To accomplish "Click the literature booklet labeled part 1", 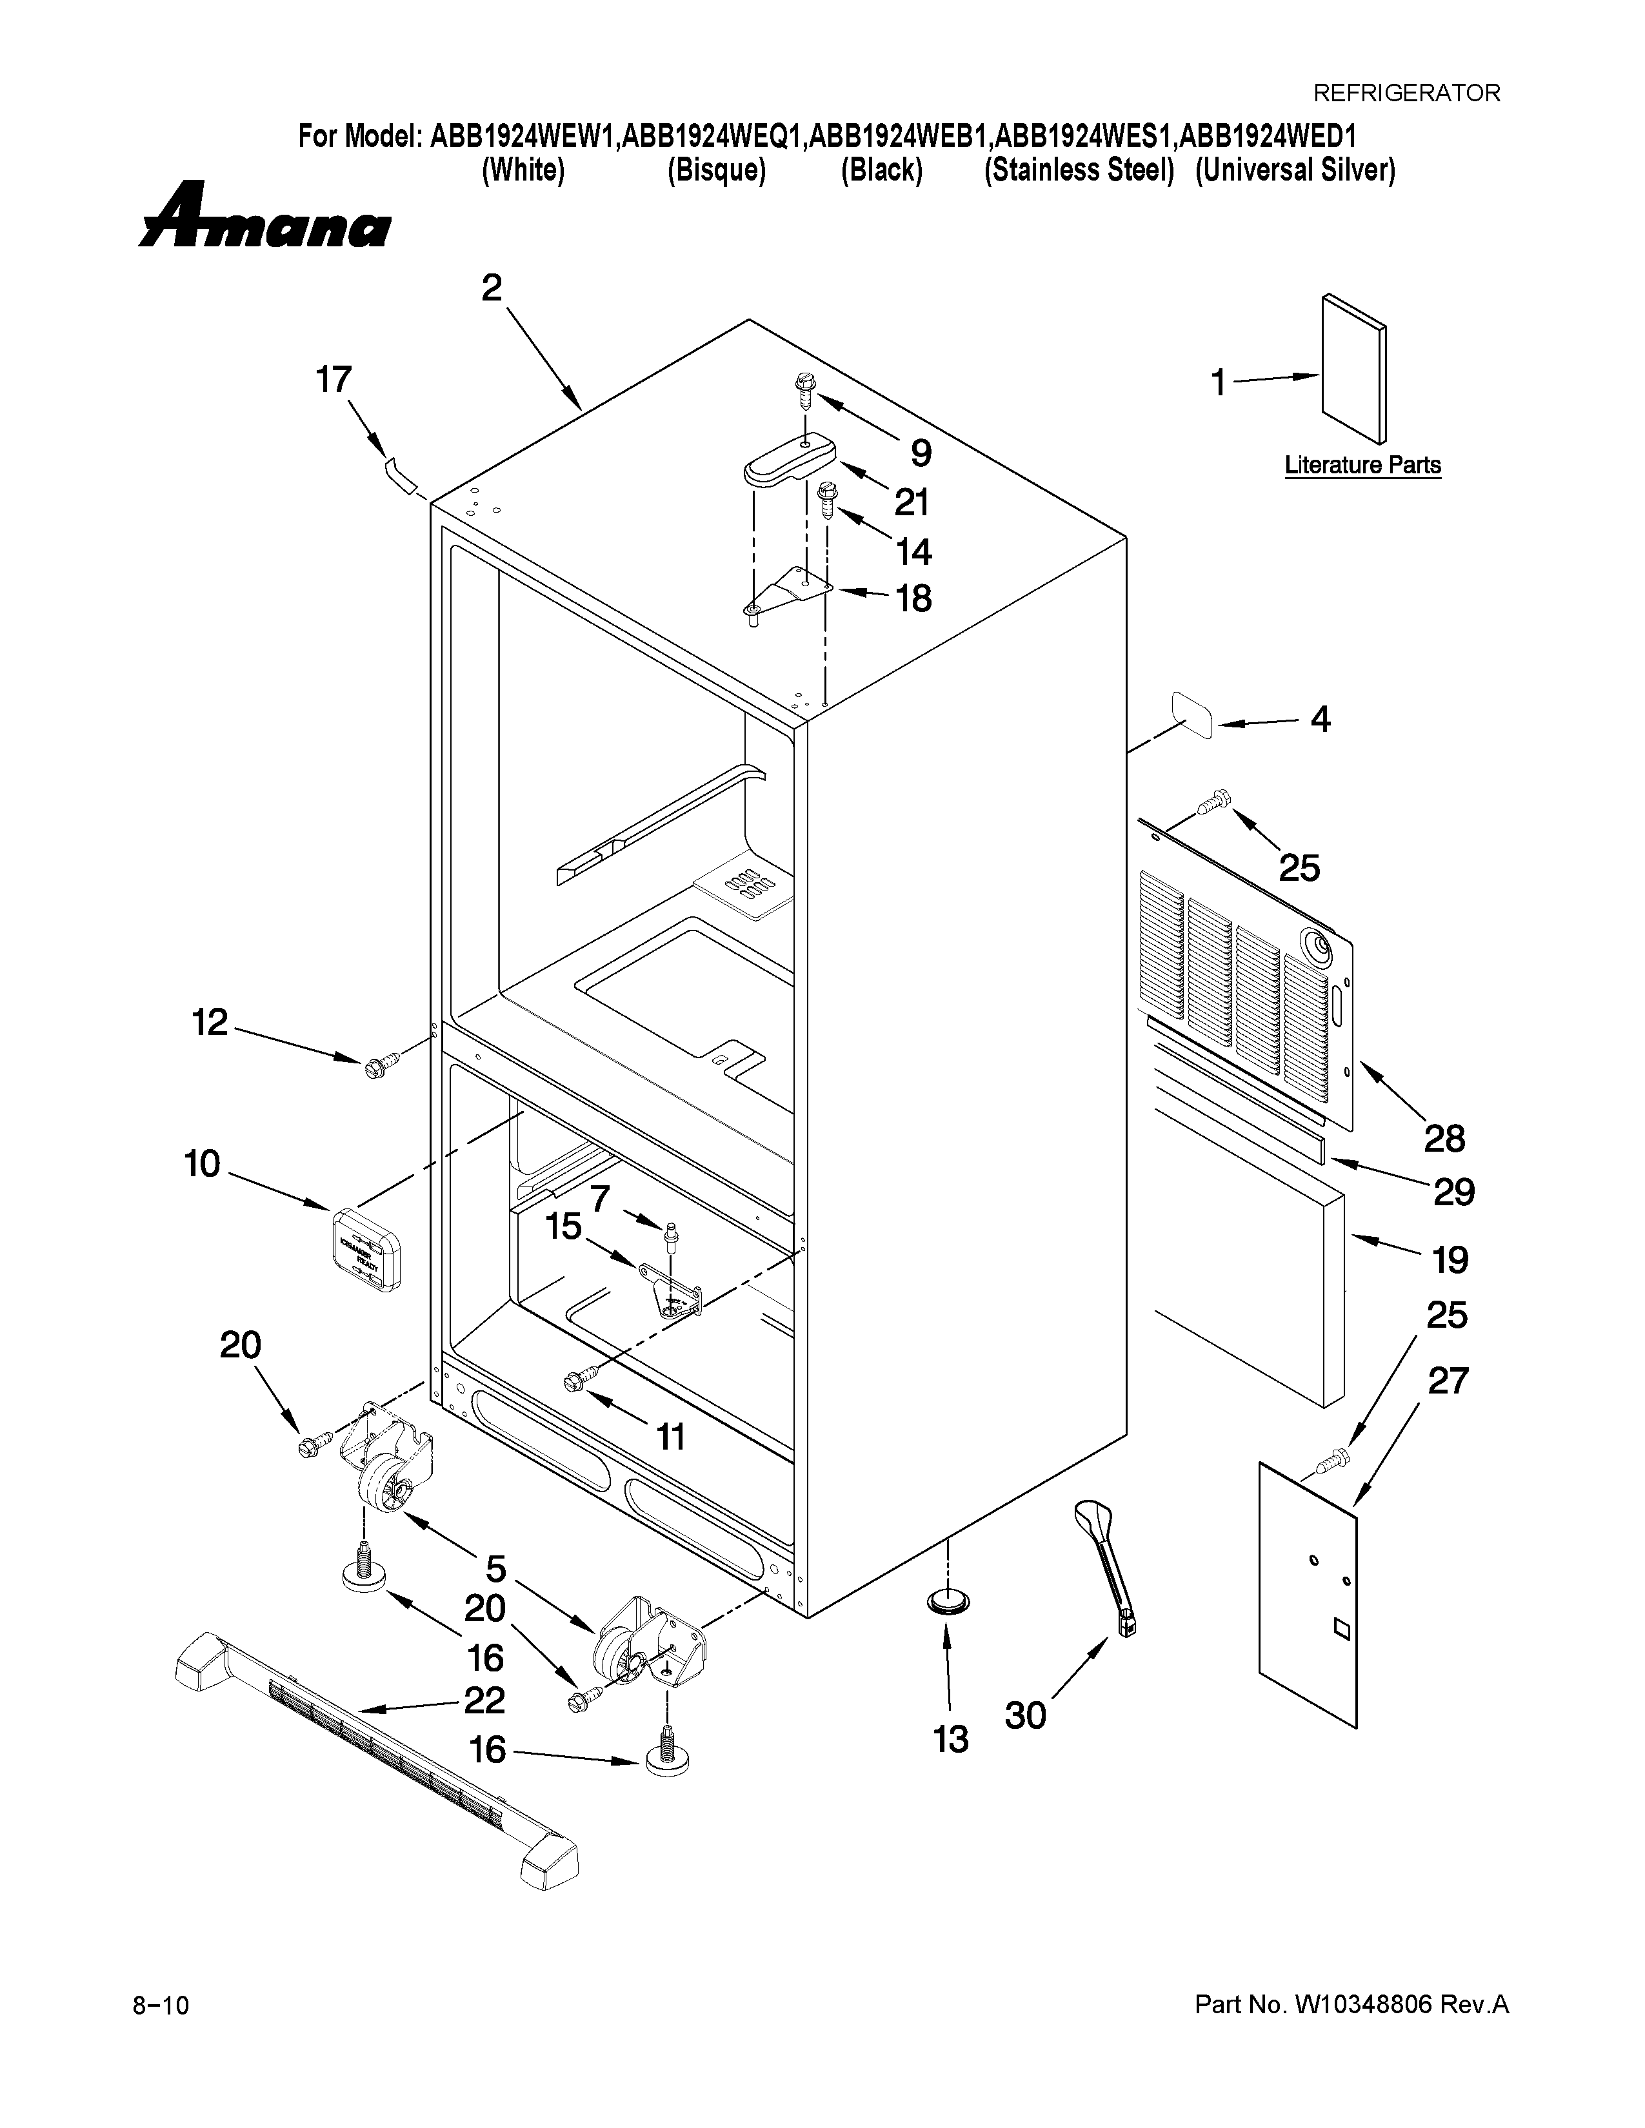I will coord(1353,369).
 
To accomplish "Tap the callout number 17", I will coord(334,380).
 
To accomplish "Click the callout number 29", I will coord(1453,1192).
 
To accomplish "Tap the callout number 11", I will coord(670,1436).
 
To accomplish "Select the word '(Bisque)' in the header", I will coord(716,170).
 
